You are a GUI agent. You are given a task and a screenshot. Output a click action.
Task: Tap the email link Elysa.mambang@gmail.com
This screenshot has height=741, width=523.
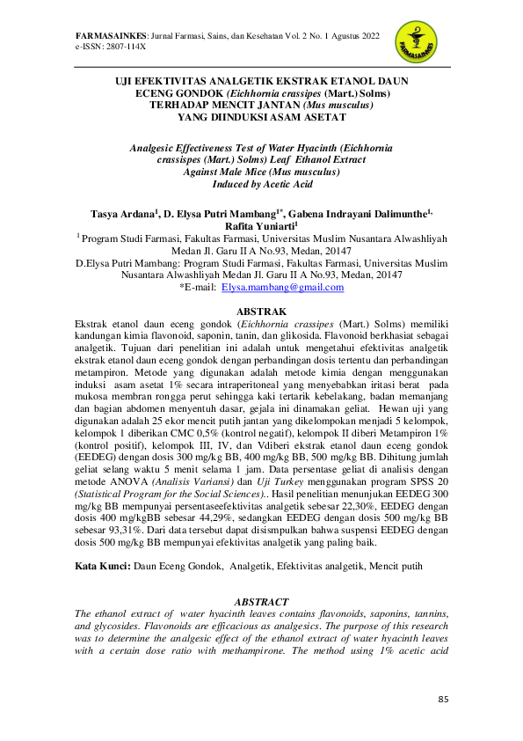tap(282, 288)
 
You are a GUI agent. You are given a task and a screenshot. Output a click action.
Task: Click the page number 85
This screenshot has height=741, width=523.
tap(443, 699)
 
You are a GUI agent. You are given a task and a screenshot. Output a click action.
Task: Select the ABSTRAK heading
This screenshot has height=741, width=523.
tap(262, 312)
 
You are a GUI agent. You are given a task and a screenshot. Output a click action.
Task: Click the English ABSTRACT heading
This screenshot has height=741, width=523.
tap(262, 601)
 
